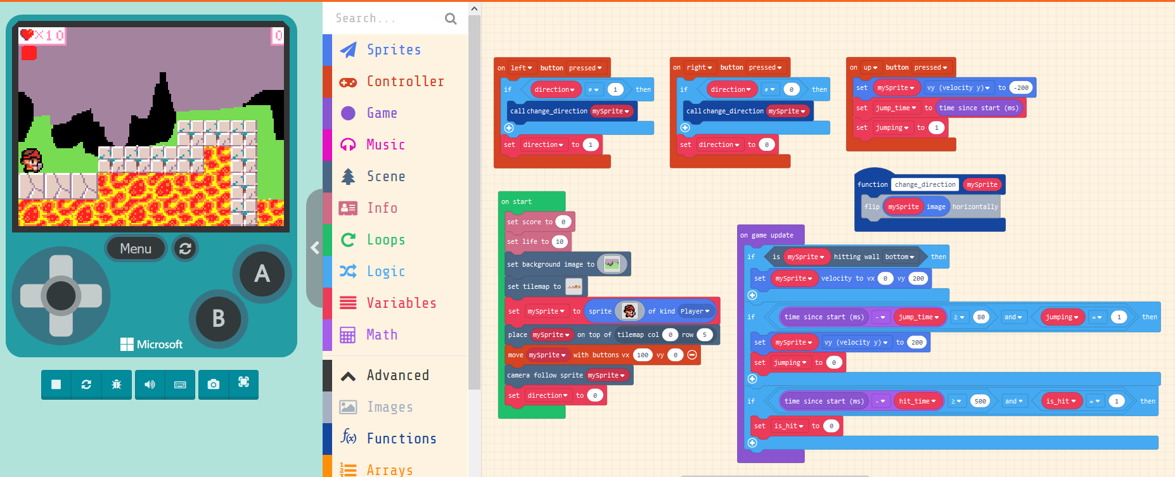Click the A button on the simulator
pyautogui.click(x=262, y=274)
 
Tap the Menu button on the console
pyautogui.click(x=136, y=248)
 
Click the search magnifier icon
pyautogui.click(x=451, y=18)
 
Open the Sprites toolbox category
pyautogui.click(x=394, y=49)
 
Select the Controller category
pyautogui.click(x=405, y=81)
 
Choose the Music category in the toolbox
pyautogui.click(x=385, y=144)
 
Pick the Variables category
pyautogui.click(x=401, y=303)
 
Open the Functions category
pyautogui.click(x=401, y=438)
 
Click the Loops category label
pyautogui.click(x=385, y=239)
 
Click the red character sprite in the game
pyautogui.click(x=31, y=160)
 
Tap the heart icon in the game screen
pyautogui.click(x=27, y=35)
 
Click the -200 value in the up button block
pyautogui.click(x=1020, y=88)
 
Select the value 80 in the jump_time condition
pyautogui.click(x=980, y=317)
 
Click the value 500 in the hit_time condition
pyautogui.click(x=980, y=401)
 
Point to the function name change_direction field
pyautogui.click(x=925, y=184)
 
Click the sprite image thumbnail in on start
pyautogui.click(x=629, y=311)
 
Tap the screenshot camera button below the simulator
pyautogui.click(x=214, y=384)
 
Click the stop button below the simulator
pyautogui.click(x=56, y=384)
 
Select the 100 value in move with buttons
pyautogui.click(x=643, y=355)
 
